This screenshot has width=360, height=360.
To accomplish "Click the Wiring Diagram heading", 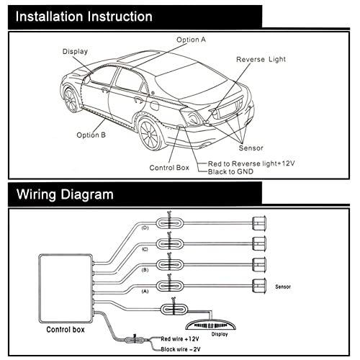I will [66, 194].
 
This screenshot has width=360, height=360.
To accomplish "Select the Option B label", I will [92, 135].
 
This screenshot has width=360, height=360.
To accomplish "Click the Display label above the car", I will [75, 52].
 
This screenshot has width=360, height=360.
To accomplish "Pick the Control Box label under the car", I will [169, 167].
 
